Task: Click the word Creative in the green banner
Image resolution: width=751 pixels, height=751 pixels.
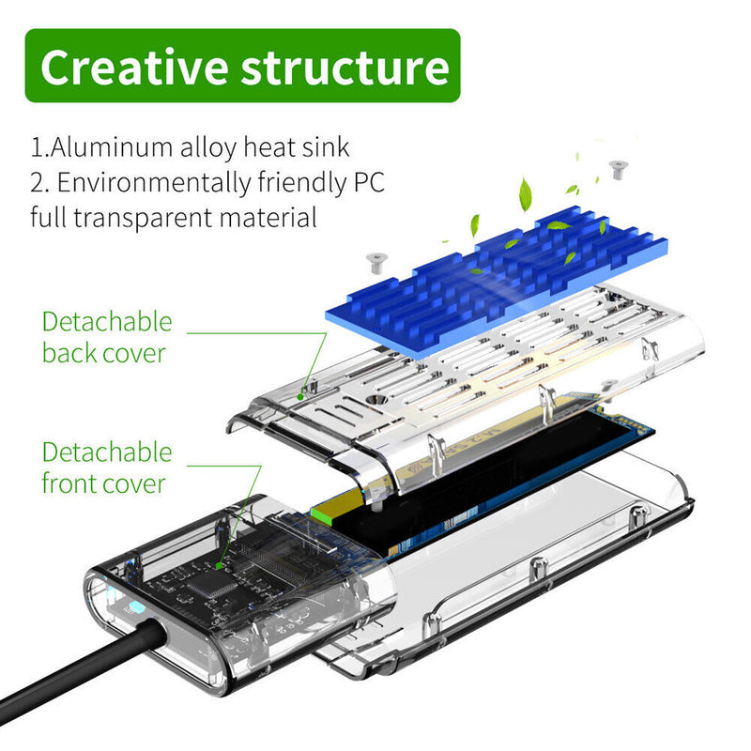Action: tap(134, 67)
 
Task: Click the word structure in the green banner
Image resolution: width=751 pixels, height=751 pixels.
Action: tap(345, 68)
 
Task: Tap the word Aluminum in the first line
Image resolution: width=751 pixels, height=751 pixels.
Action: tap(111, 146)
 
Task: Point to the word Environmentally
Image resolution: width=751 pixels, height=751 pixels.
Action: tap(154, 182)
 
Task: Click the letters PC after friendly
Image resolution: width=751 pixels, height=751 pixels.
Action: tap(369, 182)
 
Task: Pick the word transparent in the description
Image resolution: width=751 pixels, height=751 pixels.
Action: tap(143, 218)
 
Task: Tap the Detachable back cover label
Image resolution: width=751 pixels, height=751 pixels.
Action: tap(107, 337)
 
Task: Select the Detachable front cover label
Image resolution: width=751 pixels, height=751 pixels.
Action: tap(107, 467)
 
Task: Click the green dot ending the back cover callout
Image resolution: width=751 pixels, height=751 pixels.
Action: tap(299, 397)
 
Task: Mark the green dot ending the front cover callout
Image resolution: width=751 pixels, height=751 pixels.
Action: tap(219, 566)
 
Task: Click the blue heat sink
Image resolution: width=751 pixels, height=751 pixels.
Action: tap(497, 283)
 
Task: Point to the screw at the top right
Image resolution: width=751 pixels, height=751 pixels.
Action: tap(618, 170)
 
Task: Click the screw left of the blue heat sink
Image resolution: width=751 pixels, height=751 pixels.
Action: tap(376, 264)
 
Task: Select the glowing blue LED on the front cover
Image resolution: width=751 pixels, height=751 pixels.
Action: tap(134, 608)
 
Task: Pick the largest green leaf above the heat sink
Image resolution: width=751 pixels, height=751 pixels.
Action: tap(526, 194)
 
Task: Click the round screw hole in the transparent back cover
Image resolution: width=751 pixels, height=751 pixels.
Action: tap(375, 400)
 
